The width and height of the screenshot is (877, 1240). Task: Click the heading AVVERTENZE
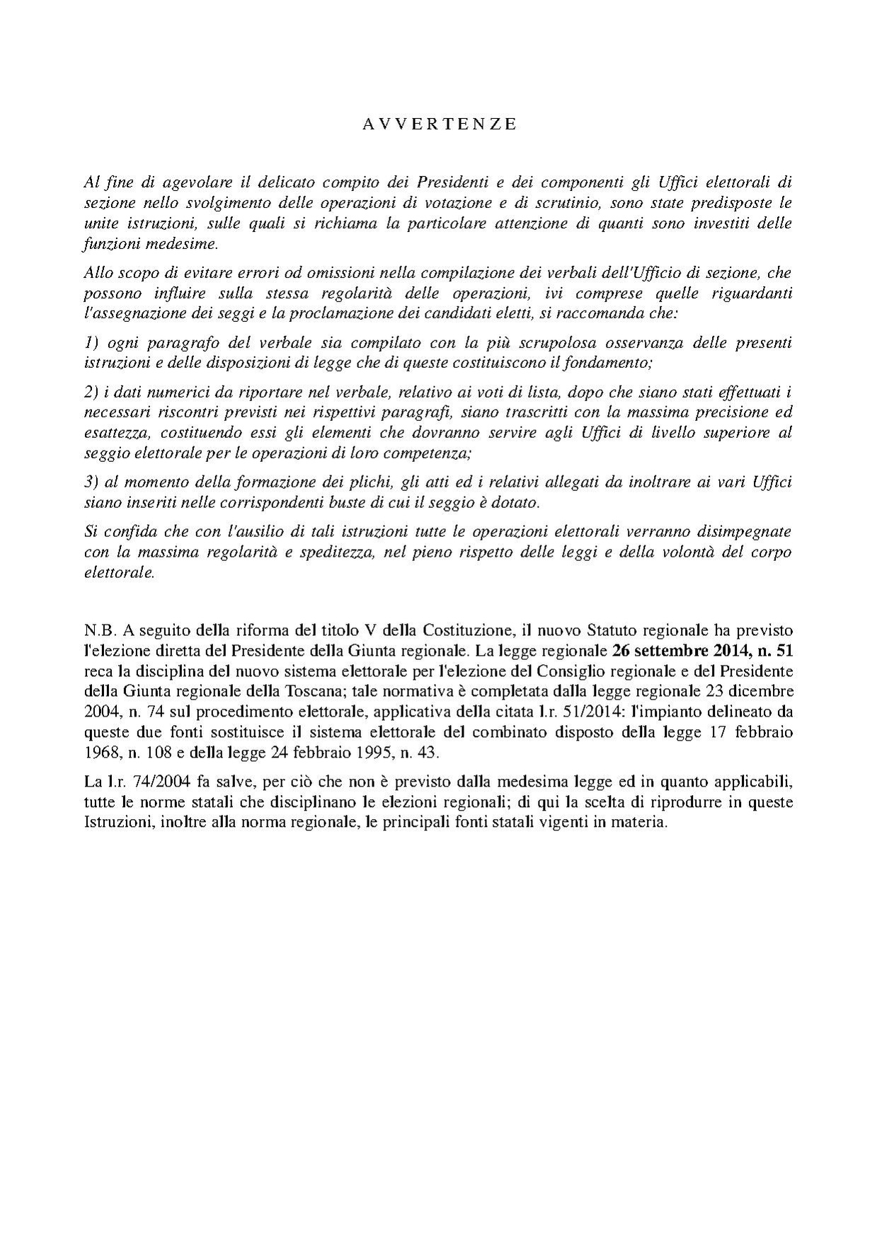(x=440, y=124)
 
